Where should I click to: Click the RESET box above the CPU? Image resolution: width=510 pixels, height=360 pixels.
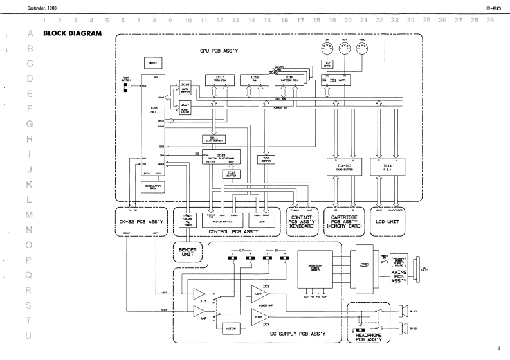click(x=154, y=62)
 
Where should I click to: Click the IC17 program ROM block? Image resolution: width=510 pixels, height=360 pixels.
click(x=220, y=80)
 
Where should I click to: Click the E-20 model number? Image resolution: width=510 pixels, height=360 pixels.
click(x=494, y=8)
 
